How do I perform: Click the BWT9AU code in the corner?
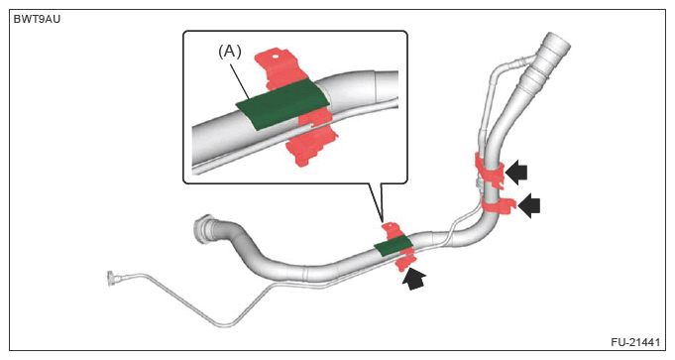pos(37,20)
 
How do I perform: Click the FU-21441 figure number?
pos(635,342)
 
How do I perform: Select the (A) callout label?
pos(229,52)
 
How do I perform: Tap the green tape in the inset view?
pos(282,104)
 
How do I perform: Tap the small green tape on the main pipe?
pos(394,246)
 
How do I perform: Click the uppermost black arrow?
pos(516,173)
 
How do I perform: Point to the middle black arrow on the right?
pos(529,205)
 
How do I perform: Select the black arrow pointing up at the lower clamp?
pos(413,278)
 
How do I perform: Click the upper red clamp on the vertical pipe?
pos(489,171)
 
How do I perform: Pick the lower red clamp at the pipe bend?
pos(498,206)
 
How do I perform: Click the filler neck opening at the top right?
pos(557,43)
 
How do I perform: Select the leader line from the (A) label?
pos(241,80)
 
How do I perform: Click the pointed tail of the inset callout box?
pos(382,220)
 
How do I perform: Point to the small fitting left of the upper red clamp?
pos(478,183)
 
